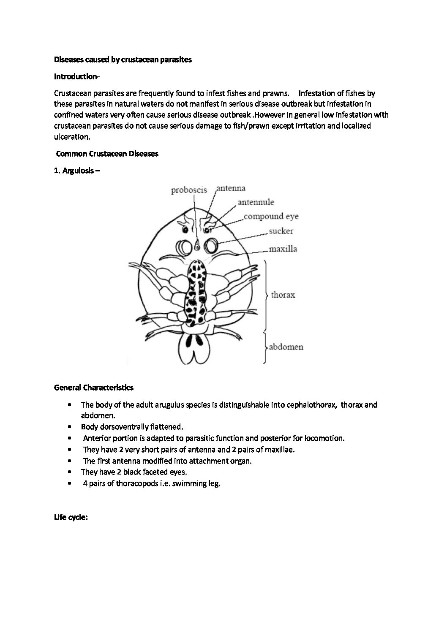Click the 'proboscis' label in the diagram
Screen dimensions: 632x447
[189, 190]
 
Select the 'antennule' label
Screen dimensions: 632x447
[256, 203]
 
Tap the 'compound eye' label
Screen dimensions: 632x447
[271, 217]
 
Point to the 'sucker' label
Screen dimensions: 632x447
[281, 231]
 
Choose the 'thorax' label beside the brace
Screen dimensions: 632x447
[283, 295]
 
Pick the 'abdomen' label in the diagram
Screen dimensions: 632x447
[286, 347]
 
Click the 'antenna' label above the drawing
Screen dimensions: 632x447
[231, 188]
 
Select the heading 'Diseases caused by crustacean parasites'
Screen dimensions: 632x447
[123, 60]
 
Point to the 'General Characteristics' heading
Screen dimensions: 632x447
[94, 387]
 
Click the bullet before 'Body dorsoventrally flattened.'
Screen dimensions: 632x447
[69, 427]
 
